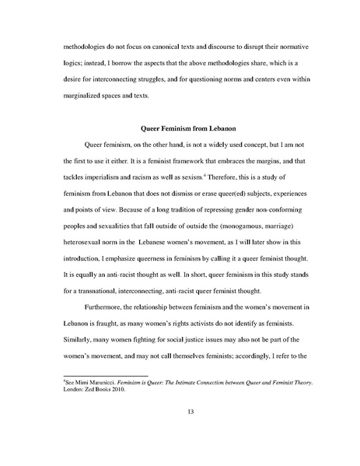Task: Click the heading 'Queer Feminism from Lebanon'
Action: (179, 127)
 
